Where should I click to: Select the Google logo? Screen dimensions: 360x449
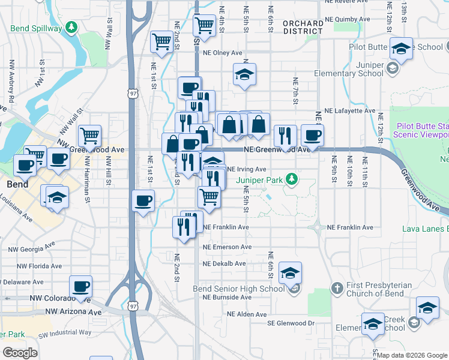click(20, 353)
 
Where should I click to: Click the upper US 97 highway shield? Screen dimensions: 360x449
click(133, 93)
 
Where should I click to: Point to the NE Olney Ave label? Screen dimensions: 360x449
click(222, 53)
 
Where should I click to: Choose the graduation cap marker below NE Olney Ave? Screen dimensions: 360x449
click(244, 75)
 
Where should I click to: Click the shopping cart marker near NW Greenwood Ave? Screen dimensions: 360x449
click(89, 136)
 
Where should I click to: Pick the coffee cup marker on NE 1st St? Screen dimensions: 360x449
click(143, 202)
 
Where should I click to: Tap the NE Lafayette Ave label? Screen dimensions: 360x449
click(349, 111)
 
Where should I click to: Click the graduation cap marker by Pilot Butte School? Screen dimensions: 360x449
click(401, 49)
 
